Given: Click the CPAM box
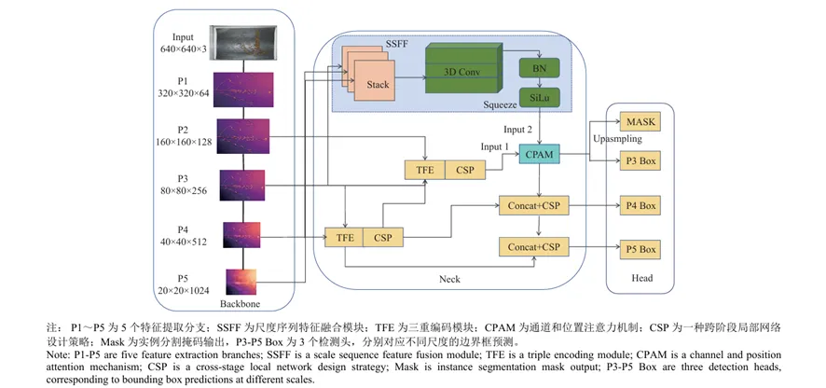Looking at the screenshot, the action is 540,156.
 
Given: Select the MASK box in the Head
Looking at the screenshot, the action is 640,123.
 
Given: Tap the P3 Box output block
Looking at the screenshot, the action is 640,160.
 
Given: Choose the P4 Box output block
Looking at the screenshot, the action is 640,205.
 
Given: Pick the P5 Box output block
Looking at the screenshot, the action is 640,249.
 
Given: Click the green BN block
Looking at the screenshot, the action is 539,68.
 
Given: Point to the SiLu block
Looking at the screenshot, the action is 539,98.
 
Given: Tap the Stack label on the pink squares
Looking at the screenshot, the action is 378,84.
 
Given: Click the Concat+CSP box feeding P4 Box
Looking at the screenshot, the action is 533,205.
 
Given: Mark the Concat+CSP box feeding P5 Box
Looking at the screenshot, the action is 533,247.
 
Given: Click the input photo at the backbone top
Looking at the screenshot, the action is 243,43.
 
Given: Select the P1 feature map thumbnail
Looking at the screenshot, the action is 243,90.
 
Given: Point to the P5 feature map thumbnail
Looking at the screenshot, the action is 241,282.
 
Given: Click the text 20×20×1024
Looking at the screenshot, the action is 183,289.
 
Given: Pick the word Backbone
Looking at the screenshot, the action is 241,304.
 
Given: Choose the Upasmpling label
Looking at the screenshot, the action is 617,140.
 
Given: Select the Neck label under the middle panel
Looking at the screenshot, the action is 449,279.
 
